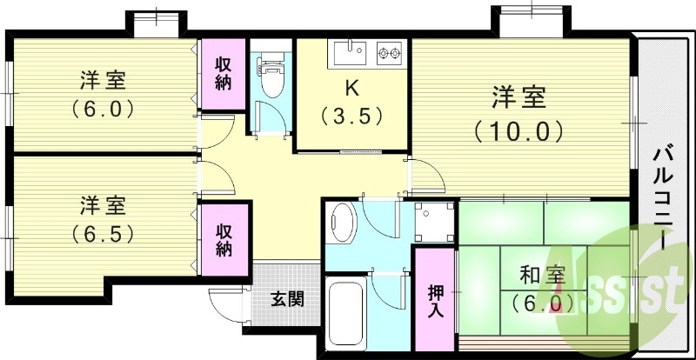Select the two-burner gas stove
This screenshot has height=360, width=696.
[389, 53]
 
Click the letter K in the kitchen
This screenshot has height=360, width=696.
[351, 90]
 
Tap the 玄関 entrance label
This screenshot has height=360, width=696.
[288, 300]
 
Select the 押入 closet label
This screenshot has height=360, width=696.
[436, 301]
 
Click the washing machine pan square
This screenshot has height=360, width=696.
[434, 222]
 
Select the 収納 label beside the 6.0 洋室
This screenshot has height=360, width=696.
[224, 74]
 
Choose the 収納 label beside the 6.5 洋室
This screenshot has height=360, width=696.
[224, 240]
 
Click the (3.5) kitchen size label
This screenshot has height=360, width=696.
[351, 117]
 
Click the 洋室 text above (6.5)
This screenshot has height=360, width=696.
[103, 206]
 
